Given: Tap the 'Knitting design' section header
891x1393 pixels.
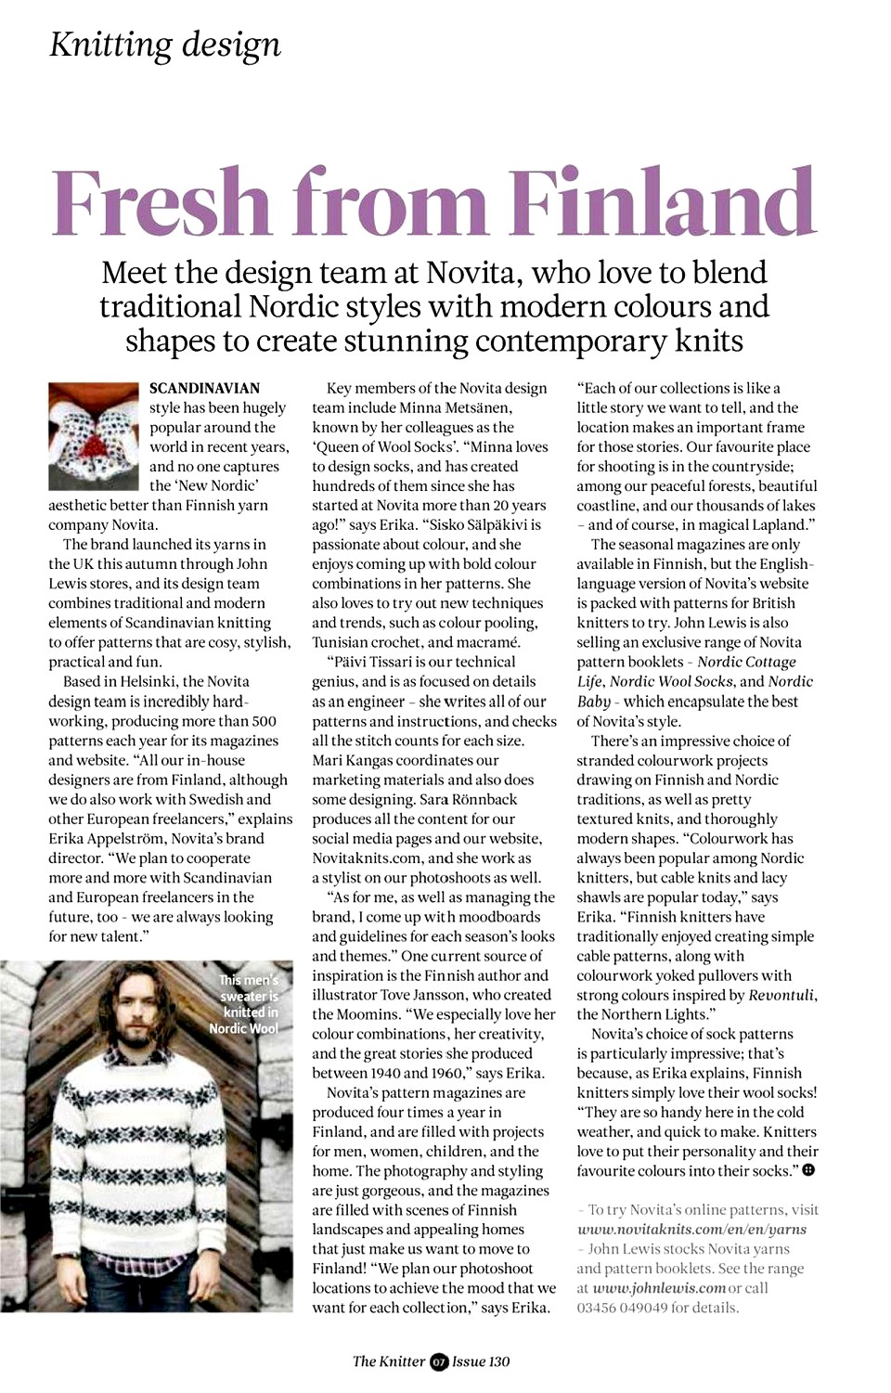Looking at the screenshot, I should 164,44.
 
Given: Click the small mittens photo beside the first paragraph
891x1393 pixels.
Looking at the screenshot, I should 93,435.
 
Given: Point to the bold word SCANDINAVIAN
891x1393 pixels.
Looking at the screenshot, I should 204,388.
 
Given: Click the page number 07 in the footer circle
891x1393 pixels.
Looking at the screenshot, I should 439,1361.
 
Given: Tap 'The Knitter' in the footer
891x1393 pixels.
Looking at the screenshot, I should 388,1361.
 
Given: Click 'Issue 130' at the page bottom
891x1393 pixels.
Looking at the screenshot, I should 481,1361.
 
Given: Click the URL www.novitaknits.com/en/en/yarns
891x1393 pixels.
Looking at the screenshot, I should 691,1230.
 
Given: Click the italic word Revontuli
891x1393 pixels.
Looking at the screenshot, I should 781,995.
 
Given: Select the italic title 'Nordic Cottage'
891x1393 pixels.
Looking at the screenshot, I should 746,662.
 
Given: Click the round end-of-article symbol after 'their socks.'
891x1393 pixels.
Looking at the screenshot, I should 808,1170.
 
